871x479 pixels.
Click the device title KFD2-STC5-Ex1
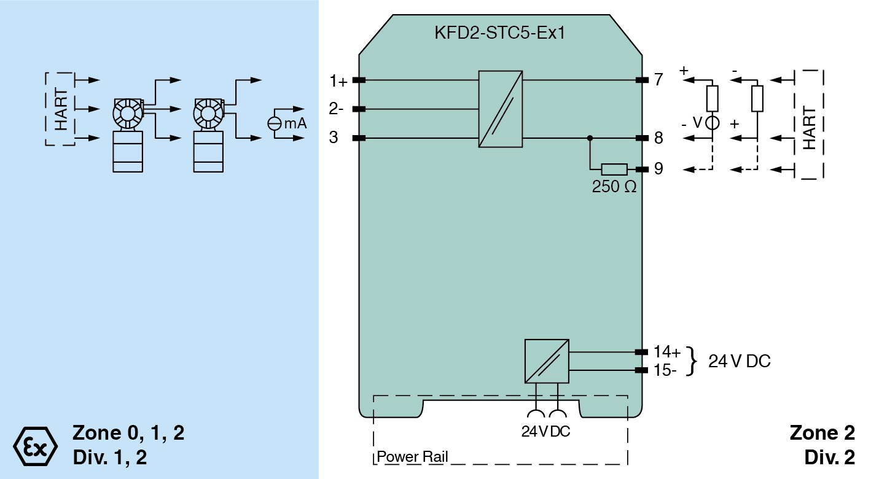coord(499,33)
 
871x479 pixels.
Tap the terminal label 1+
coord(338,80)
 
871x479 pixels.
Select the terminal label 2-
coord(336,109)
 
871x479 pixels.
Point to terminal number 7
coord(658,80)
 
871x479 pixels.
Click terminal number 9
coord(658,168)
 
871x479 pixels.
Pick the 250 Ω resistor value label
coord(614,187)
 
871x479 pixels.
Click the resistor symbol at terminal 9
coord(614,169)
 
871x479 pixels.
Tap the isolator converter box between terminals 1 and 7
coord(501,109)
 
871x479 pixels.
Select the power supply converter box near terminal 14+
coord(547,361)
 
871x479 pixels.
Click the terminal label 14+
coord(667,352)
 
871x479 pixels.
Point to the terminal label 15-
coord(666,370)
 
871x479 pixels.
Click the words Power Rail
coord(412,457)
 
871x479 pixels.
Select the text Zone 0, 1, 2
coord(128,433)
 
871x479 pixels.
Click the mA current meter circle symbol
coord(275,123)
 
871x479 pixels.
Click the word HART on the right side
coord(809,128)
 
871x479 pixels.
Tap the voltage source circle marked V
coord(712,122)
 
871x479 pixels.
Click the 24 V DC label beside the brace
coord(739,361)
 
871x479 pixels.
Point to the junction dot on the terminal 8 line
coord(590,138)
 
